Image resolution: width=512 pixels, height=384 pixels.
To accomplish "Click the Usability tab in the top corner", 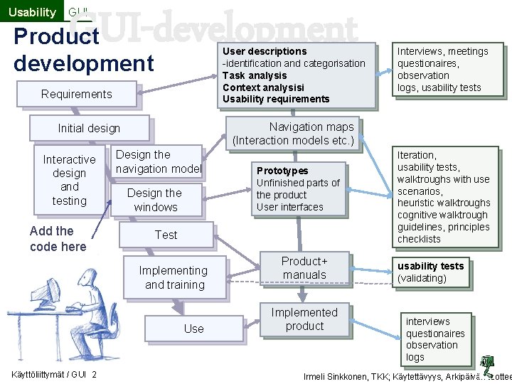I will [31, 12].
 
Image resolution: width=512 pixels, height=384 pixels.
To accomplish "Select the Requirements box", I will [77, 94].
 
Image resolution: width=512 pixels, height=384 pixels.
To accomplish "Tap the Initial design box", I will [89, 128].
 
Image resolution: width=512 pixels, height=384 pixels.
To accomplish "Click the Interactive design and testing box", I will [69, 180].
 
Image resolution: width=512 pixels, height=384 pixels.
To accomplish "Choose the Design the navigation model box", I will [158, 161].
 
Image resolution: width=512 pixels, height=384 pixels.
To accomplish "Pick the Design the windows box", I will [155, 200].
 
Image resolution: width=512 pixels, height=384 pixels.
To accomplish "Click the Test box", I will [166, 235].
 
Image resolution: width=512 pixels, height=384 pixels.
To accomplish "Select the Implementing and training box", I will [173, 277].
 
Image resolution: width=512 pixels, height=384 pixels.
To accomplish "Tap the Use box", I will [193, 329].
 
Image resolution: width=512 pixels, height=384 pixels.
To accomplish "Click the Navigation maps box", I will [293, 134].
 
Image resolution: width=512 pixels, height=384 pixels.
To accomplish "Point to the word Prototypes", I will [282, 171].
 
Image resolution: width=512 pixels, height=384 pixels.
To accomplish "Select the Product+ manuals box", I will [304, 268].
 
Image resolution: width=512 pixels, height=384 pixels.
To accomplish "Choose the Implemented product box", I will [304, 319].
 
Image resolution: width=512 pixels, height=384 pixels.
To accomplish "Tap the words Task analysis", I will [255, 75].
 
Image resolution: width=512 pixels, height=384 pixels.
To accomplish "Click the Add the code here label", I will [58, 239].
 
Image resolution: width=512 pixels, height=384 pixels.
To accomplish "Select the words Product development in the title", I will [83, 49].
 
